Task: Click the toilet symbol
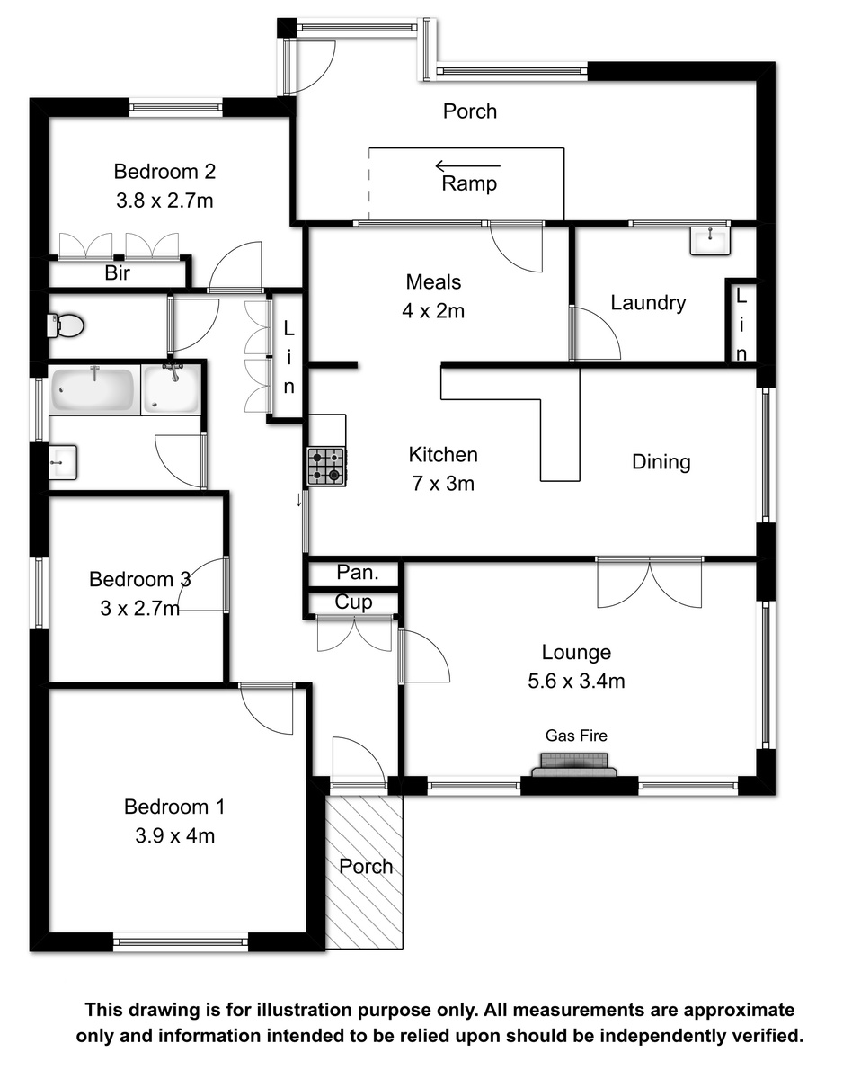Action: pyautogui.click(x=66, y=325)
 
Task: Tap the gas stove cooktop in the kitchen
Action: pyautogui.click(x=326, y=467)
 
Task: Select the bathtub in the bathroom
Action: pyautogui.click(x=93, y=389)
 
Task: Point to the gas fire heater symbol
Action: pyautogui.click(x=574, y=764)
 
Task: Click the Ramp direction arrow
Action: pyautogui.click(x=467, y=165)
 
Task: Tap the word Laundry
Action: pyautogui.click(x=647, y=302)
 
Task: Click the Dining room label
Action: pyautogui.click(x=661, y=462)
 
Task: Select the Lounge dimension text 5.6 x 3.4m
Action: pyautogui.click(x=575, y=681)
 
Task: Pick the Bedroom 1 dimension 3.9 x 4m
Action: pyautogui.click(x=174, y=835)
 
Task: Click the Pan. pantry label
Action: pyautogui.click(x=358, y=573)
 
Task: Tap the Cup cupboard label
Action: pyautogui.click(x=353, y=602)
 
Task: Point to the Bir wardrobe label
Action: pyautogui.click(x=118, y=272)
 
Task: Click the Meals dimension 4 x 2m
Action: pyautogui.click(x=433, y=311)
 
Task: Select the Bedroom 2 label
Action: pyautogui.click(x=164, y=172)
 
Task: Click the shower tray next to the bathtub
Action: pyautogui.click(x=172, y=389)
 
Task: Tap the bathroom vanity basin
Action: pyautogui.click(x=63, y=462)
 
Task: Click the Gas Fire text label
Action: pyautogui.click(x=576, y=736)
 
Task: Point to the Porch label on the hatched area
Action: pyautogui.click(x=366, y=867)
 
